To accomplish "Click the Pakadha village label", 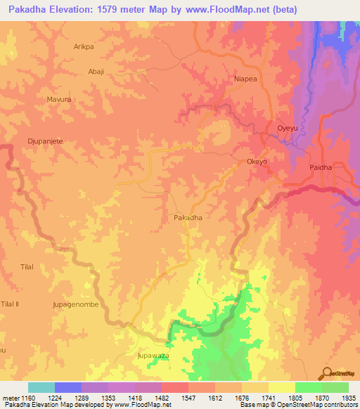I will [188, 219].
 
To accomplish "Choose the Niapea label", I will [235, 79].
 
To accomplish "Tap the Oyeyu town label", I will [288, 128].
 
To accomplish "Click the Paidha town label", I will [321, 168].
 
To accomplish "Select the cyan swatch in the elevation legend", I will [41, 387].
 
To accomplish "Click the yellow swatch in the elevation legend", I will [281, 387].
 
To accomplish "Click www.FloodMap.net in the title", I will [225, 10].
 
